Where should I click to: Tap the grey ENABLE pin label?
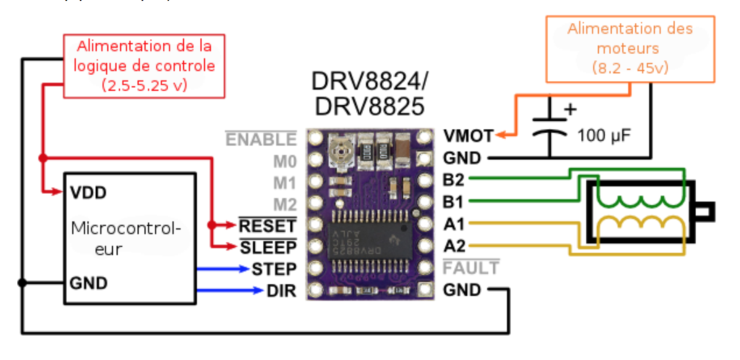coord(261,139)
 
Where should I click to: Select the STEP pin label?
coord(274,269)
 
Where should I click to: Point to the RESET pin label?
coord(268,225)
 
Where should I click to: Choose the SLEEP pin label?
coord(268,247)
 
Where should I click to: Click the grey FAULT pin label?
coord(471,268)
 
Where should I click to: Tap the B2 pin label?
coord(454,180)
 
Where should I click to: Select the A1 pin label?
coord(454,224)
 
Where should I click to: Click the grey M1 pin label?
coord(285,183)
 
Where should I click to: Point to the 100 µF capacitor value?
coord(604,135)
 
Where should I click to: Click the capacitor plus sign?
coord(570,110)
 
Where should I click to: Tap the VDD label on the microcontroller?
coord(88,193)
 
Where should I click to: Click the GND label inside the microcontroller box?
coord(89,284)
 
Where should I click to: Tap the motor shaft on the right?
coord(704,211)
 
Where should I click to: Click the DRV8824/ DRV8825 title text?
coord(369,94)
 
